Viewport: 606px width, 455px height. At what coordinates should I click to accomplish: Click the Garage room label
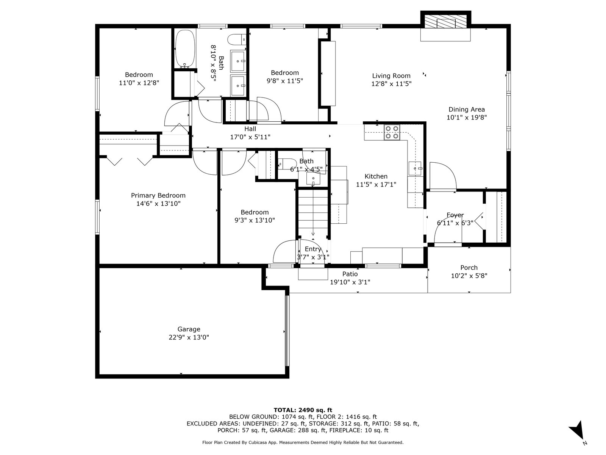pos(189,329)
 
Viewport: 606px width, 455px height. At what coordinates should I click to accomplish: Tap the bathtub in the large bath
pos(185,49)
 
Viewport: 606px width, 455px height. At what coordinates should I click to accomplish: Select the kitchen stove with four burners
pos(392,132)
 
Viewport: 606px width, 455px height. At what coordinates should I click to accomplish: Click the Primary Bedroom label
pos(158,195)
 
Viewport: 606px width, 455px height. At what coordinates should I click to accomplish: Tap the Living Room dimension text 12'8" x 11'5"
pos(391,84)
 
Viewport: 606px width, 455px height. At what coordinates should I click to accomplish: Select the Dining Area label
pos(466,110)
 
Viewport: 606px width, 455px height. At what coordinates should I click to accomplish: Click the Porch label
pos(469,267)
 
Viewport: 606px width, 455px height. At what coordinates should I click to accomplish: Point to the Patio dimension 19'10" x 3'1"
pos(350,282)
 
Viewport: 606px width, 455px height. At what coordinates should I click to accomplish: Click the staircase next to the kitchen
pos(313,213)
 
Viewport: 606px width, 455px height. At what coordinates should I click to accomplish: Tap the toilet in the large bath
pos(237,39)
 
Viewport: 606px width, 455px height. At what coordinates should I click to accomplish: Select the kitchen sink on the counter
pos(415,168)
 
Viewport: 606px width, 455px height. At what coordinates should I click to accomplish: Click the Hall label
pos(250,129)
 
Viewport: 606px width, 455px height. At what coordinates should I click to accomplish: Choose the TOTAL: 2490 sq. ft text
pos(303,410)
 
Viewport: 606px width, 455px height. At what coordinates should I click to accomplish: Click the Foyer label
pos(455,215)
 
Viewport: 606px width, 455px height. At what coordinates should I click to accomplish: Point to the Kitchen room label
pos(376,176)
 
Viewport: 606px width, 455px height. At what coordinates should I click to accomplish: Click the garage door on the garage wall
pos(287,331)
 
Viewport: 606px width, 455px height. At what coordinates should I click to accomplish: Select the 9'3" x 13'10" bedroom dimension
pos(255,220)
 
